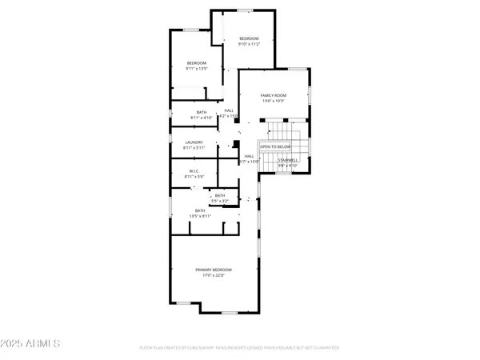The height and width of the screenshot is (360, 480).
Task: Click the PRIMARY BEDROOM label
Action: pyautogui.click(x=214, y=270)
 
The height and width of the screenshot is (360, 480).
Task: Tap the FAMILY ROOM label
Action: pyautogui.click(x=273, y=95)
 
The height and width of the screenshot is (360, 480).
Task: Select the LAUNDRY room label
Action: pyautogui.click(x=194, y=142)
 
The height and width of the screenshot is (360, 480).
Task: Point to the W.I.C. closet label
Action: pyautogui.click(x=194, y=170)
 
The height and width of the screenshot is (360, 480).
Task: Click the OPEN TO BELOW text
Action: pyautogui.click(x=274, y=146)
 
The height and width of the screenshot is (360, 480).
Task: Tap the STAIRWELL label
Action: pyautogui.click(x=287, y=160)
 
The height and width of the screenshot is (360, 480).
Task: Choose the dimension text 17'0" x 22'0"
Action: pyautogui.click(x=214, y=275)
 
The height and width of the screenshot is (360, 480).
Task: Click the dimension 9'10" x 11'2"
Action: pyautogui.click(x=250, y=44)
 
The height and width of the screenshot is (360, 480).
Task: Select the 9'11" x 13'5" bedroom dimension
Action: pyautogui.click(x=197, y=69)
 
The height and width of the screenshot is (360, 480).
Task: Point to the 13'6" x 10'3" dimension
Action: pyautogui.click(x=273, y=101)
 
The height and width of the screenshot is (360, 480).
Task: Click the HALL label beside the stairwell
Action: pyautogui.click(x=249, y=156)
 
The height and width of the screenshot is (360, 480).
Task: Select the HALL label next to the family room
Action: pyautogui.click(x=229, y=110)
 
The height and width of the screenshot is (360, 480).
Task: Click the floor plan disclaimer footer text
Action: pyautogui.click(x=239, y=348)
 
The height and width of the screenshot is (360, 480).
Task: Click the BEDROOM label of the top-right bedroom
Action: pyautogui.click(x=250, y=38)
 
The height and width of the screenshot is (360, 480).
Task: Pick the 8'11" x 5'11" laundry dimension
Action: pyautogui.click(x=194, y=148)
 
